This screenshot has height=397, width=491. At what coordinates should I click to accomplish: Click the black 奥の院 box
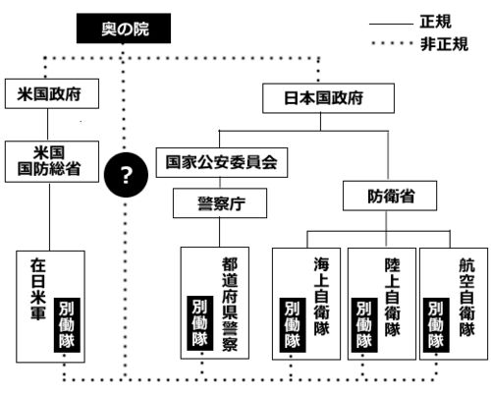click(124, 28)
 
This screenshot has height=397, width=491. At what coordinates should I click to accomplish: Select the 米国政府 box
click(52, 93)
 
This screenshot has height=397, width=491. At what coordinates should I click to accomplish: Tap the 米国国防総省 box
click(52, 161)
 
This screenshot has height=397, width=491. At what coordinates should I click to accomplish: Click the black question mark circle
click(126, 175)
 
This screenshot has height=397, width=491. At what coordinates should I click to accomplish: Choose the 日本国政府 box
click(328, 98)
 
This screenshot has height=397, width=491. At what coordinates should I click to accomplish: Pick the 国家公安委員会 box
click(222, 162)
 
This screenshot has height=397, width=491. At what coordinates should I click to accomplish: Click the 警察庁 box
click(220, 203)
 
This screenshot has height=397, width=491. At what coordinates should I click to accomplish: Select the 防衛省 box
click(390, 196)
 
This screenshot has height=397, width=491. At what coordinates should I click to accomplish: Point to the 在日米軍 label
click(38, 289)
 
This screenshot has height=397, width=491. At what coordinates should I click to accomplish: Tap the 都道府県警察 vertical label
click(230, 305)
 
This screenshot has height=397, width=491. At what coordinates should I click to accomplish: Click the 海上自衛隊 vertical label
click(321, 297)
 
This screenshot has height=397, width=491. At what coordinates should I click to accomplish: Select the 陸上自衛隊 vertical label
click(392, 298)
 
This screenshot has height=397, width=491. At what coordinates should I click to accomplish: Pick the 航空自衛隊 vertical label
click(466, 298)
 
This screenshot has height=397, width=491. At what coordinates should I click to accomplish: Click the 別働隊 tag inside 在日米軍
click(67, 325)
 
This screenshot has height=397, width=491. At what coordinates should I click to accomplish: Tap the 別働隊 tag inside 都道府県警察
click(200, 323)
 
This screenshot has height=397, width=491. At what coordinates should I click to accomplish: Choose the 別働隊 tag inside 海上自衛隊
click(293, 325)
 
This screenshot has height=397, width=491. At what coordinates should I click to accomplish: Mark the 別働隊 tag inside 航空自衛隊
click(436, 325)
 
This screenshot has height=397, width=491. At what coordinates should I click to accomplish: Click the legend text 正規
click(436, 22)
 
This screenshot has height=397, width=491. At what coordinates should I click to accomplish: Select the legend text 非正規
click(444, 44)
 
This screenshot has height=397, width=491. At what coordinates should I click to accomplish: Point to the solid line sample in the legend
click(391, 24)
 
